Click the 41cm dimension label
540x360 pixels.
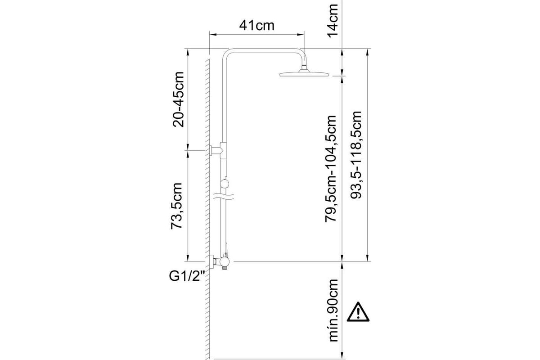click(257, 26)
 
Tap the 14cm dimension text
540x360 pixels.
click(333, 21)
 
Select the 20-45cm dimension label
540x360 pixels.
click(178, 99)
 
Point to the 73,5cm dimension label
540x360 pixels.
click(176, 206)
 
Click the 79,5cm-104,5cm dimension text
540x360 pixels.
click(330, 169)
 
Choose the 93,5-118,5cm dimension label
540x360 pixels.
click(356, 155)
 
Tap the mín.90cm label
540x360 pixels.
click(333, 310)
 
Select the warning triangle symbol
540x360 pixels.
click(358, 312)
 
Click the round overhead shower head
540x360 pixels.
click(304, 74)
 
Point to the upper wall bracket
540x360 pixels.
click(216, 150)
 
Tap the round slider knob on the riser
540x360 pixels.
click(225, 184)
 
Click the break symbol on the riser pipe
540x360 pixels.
click(224, 197)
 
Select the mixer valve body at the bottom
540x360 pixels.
click(224, 261)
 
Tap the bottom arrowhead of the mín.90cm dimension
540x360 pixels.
click(342, 355)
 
